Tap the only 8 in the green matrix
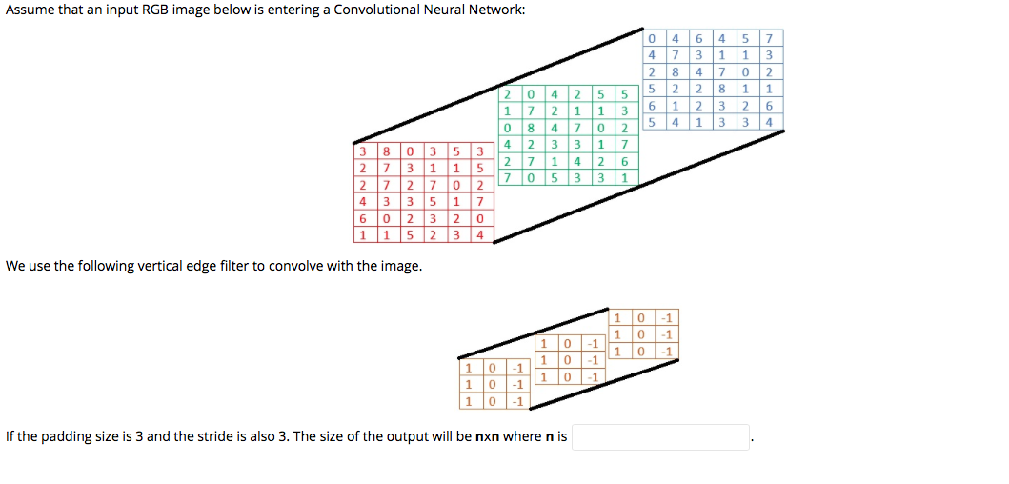532,128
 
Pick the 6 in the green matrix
623,161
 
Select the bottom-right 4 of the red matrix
479,234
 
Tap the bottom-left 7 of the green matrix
509,177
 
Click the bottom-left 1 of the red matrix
364,234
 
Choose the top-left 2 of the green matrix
509,94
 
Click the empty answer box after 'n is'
660,437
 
